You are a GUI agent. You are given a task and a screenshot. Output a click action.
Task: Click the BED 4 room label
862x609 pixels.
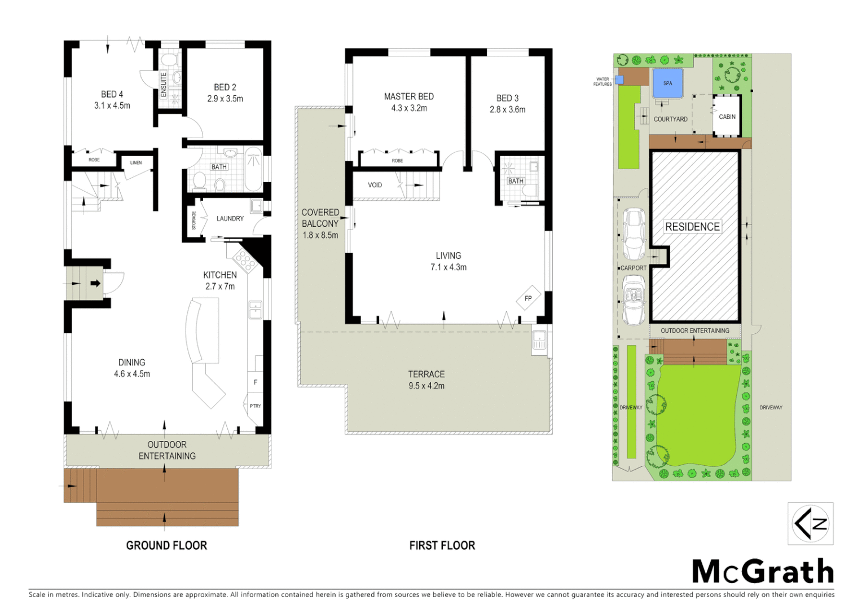(x=112, y=94)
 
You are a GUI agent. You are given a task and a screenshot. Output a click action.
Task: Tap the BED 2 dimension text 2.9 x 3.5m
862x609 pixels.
(x=225, y=99)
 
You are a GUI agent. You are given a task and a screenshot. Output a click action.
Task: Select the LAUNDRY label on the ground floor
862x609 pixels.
(x=230, y=218)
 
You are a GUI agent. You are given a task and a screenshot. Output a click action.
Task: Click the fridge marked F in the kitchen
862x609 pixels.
(x=255, y=382)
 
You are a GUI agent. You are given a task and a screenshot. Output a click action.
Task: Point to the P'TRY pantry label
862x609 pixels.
(x=255, y=406)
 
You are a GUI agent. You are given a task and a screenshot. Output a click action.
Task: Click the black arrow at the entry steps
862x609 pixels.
(x=95, y=283)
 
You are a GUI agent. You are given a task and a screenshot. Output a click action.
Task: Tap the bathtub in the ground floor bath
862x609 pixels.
(x=253, y=169)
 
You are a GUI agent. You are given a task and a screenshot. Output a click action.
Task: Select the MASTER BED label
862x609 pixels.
(x=408, y=96)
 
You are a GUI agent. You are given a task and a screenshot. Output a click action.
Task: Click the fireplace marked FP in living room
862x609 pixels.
(x=528, y=298)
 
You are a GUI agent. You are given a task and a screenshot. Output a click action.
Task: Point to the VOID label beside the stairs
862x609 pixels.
(x=375, y=185)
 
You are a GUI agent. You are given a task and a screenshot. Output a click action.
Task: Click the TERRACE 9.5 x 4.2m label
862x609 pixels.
(x=426, y=380)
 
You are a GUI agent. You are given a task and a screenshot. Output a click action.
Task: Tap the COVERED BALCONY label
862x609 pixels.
(x=320, y=218)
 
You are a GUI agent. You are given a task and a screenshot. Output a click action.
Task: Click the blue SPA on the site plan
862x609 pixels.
(x=667, y=83)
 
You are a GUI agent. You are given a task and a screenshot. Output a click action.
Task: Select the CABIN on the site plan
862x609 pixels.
(x=727, y=116)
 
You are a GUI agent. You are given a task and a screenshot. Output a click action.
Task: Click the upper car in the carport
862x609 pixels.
(x=634, y=233)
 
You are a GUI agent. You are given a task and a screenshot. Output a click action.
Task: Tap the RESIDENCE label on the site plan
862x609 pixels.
(x=692, y=227)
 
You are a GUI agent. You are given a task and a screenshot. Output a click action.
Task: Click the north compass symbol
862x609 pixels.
(x=810, y=523)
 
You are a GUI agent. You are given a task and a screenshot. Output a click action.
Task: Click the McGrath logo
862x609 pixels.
(x=762, y=572)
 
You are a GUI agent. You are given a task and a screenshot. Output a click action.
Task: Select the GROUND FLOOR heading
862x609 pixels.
(x=166, y=545)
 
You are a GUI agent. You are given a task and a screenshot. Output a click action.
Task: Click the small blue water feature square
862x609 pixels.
(x=619, y=80)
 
